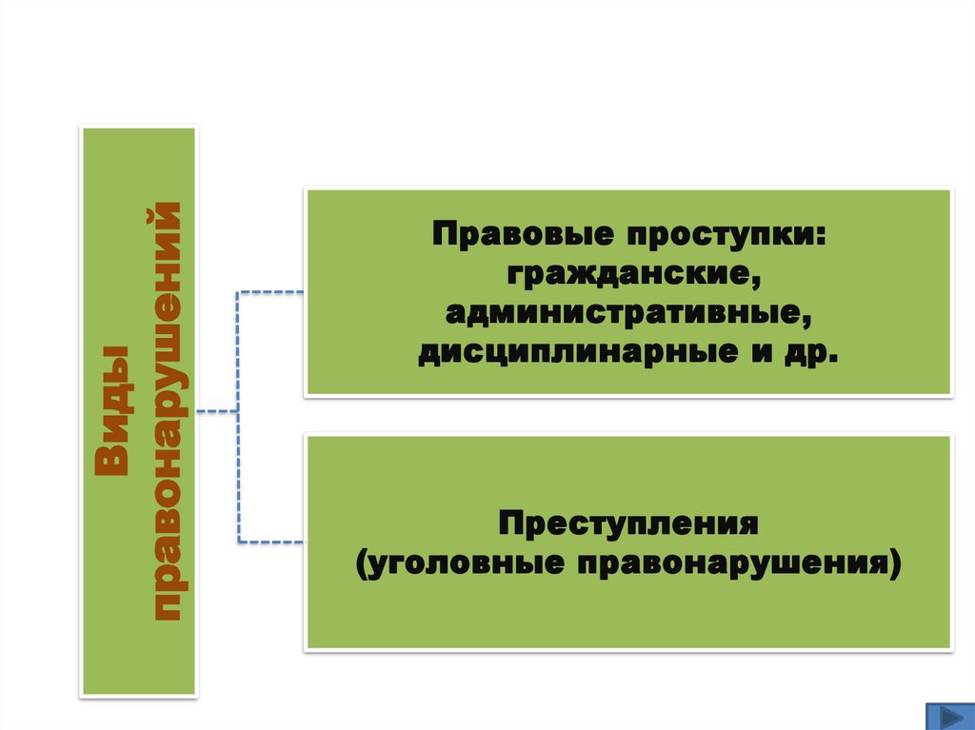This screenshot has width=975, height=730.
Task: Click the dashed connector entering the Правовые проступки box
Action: coord(271,291)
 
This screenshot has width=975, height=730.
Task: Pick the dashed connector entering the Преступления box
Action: coord(271,543)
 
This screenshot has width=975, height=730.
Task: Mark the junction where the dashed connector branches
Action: coord(237,412)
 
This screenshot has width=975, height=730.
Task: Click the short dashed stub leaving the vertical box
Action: coord(216,412)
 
